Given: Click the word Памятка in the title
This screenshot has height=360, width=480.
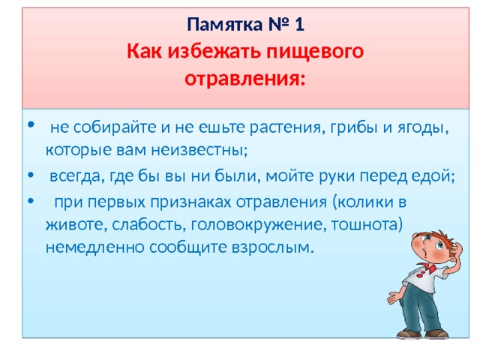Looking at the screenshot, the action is click(x=225, y=25).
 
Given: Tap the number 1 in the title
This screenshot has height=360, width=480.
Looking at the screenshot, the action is click(x=300, y=25).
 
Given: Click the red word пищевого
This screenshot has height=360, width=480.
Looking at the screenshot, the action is click(x=315, y=52).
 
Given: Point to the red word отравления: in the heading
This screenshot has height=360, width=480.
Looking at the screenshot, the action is click(x=245, y=79).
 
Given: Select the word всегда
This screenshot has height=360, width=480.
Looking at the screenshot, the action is click(x=75, y=176).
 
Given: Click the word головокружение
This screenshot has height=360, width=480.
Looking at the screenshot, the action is click(x=256, y=225).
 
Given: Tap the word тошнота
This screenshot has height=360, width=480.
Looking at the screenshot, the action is click(x=367, y=224).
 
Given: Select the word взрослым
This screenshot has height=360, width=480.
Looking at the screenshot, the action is click(x=273, y=247).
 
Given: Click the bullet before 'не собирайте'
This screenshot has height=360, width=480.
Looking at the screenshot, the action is click(x=31, y=124).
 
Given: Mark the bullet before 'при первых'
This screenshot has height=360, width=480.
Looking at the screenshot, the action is click(x=31, y=201).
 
